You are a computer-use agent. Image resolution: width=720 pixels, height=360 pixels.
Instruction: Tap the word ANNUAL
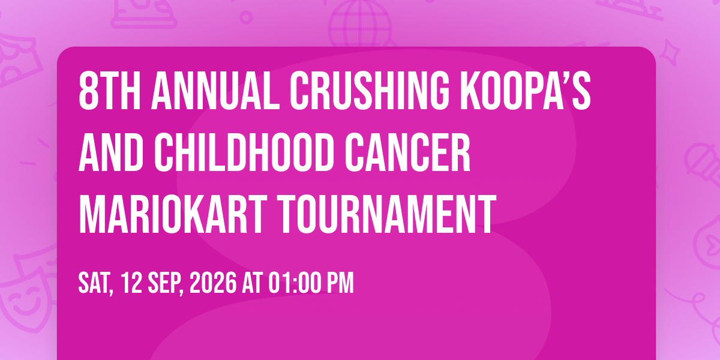tap(215, 91)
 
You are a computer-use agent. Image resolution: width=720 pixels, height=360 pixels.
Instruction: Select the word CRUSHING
tap(370, 91)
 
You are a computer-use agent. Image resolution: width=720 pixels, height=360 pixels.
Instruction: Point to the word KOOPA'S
tap(526, 91)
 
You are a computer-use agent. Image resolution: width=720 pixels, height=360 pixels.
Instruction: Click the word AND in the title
tap(111, 152)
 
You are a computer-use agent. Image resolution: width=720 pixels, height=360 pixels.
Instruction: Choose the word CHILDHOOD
tap(244, 152)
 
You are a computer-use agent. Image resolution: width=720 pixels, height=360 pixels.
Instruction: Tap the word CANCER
tap(408, 152)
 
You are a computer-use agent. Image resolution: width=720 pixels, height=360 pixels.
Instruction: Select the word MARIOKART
tap(173, 214)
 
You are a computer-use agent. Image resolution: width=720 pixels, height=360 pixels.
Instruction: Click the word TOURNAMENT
tap(386, 214)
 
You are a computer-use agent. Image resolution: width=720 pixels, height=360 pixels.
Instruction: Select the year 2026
tap(213, 283)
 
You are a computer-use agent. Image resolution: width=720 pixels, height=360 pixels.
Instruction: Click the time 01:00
tap(295, 283)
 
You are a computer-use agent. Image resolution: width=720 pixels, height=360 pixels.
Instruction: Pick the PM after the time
tap(340, 283)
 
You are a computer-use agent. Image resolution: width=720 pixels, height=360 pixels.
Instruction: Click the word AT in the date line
tap(253, 283)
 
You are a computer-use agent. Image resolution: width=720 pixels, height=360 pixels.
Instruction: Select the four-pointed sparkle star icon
tap(670, 53)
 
